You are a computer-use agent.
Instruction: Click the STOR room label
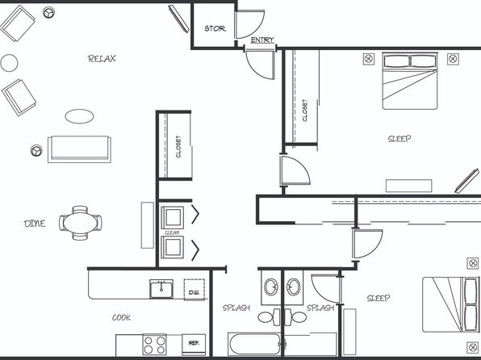coord(215,29)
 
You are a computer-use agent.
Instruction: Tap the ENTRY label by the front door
coord(262,40)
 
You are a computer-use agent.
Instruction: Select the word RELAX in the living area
coord(102,59)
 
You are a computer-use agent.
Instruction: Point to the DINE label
coord(35,224)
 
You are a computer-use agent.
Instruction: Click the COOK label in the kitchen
coord(121,318)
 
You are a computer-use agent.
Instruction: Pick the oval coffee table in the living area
coord(79,116)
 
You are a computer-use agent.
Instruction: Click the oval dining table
coord(81,223)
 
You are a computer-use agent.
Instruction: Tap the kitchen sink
coord(161,289)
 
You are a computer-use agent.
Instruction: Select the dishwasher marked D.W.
coord(194,290)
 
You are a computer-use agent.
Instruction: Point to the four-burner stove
coord(154,345)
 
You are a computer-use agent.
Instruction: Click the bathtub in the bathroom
coord(254,344)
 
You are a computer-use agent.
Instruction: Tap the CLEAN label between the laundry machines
coord(172,233)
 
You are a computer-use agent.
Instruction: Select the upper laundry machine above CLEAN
coord(173,217)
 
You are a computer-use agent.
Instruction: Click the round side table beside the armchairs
coord(9,63)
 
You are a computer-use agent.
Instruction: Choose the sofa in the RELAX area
coord(79,149)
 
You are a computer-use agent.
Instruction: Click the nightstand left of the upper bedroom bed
coord(369,59)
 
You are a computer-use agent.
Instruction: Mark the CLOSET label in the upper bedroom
coord(304,110)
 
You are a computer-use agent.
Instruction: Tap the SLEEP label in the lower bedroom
coord(379,298)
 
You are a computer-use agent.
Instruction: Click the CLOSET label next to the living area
coord(178,147)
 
